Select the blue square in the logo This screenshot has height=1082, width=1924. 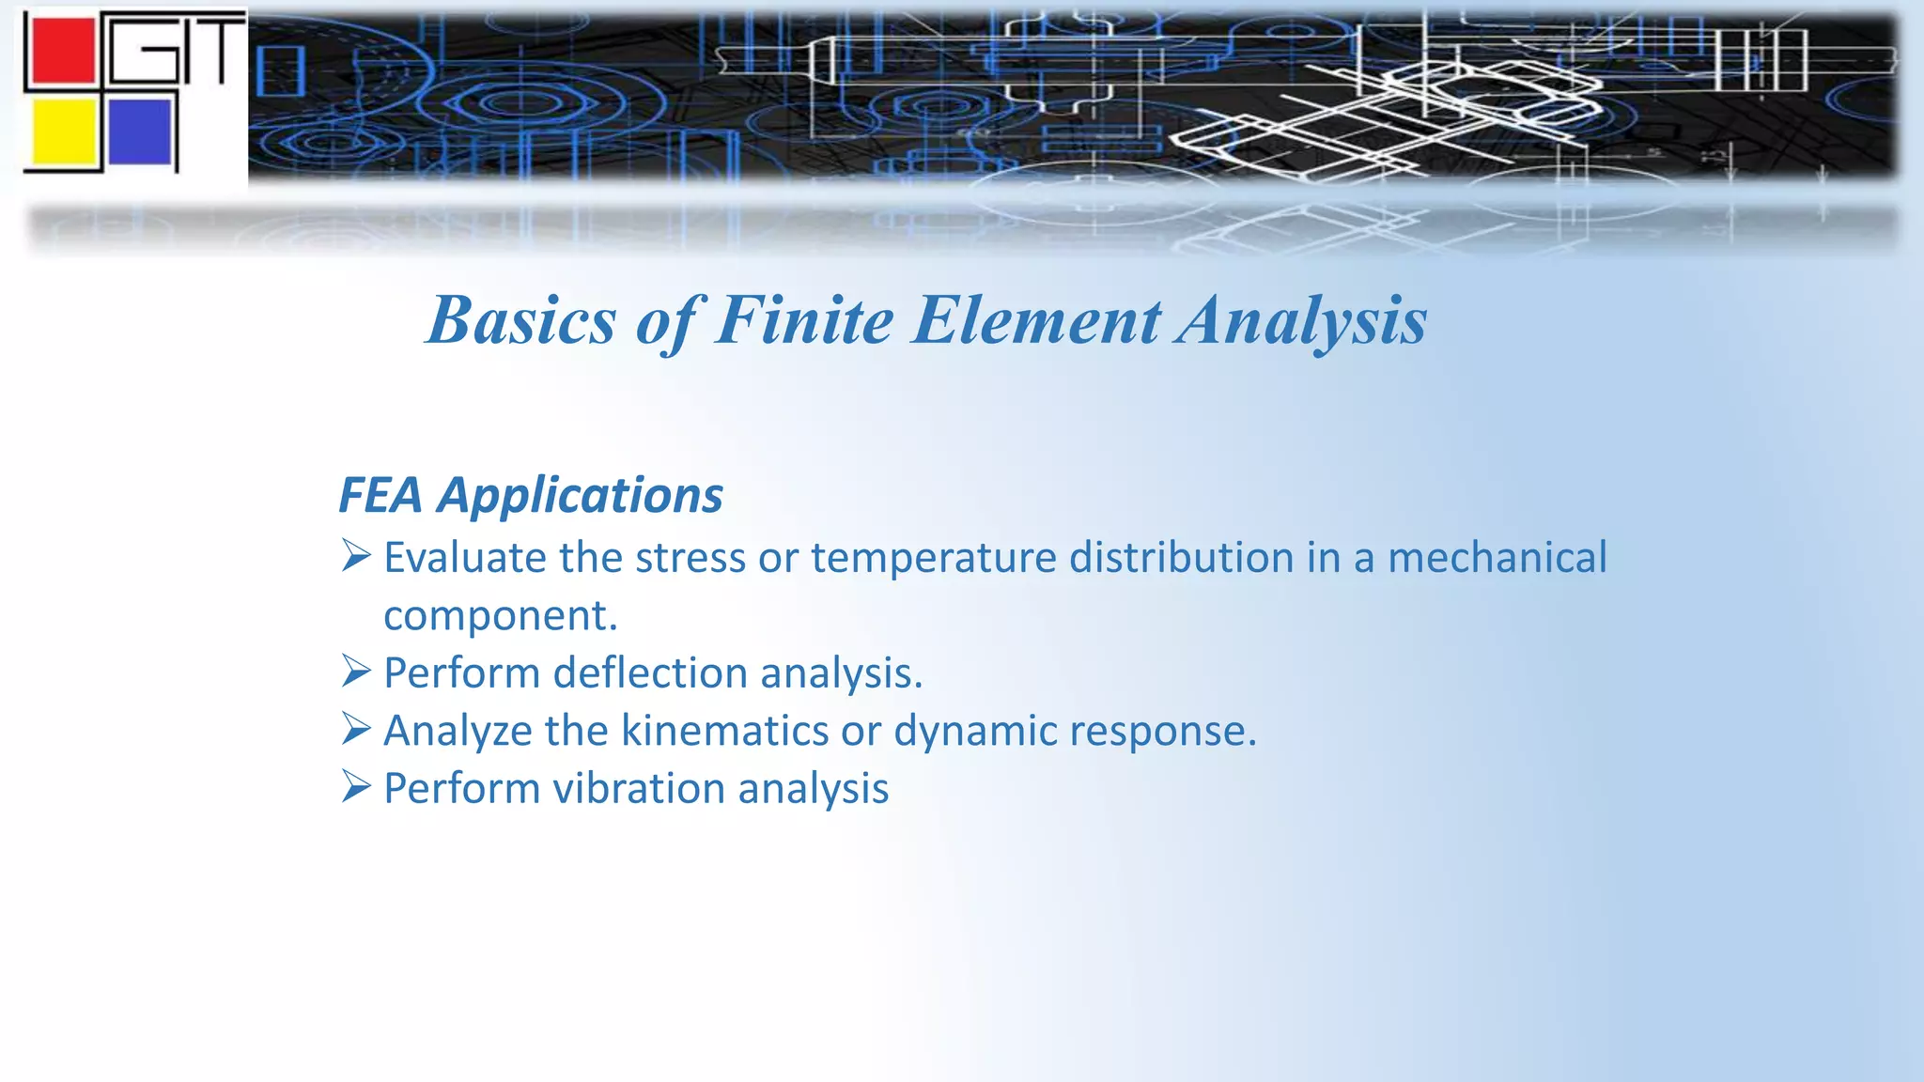[139, 131]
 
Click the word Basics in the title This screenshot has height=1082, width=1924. [521, 320]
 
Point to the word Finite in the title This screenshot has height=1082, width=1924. [804, 320]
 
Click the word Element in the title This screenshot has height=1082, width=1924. [1037, 320]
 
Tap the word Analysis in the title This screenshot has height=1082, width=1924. [1302, 320]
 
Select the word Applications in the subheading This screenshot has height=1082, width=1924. [580, 496]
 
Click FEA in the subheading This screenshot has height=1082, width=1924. [380, 496]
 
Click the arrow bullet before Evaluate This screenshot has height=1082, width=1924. [356, 556]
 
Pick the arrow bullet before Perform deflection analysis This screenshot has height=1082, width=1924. [356, 672]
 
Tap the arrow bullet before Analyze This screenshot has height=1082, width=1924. [356, 729]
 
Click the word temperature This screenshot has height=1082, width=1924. [933, 558]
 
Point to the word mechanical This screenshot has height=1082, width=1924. [1497, 558]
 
